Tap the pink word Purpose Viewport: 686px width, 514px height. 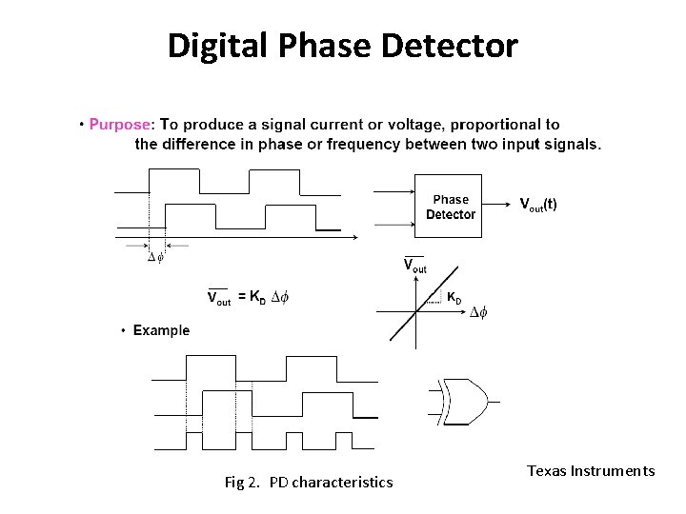click(120, 124)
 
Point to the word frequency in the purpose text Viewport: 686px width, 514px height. click(370, 145)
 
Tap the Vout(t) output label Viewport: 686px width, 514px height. click(538, 205)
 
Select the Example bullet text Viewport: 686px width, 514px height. click(161, 330)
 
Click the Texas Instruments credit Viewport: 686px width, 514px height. click(591, 470)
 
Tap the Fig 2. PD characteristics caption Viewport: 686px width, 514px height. click(308, 482)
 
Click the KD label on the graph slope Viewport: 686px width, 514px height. click(455, 298)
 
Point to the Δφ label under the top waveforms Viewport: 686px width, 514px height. click(154, 257)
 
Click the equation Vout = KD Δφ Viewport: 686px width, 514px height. click(249, 297)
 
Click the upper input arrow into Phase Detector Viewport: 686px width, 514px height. click(393, 190)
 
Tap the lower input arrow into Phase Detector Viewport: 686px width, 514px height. click(393, 224)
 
